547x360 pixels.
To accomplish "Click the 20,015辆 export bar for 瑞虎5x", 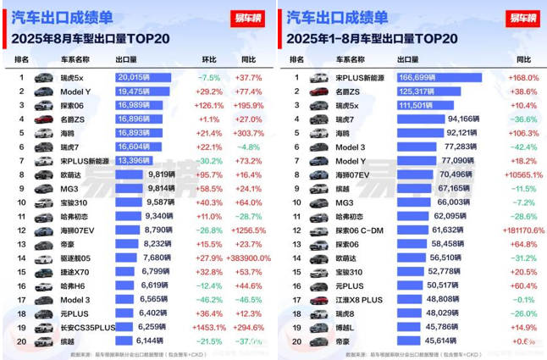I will click(x=143, y=78).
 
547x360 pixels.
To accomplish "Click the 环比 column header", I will click(x=209, y=60).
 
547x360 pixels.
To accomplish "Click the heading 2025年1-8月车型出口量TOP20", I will click(x=373, y=38).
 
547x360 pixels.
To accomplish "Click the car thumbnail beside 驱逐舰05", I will click(x=43, y=258).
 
